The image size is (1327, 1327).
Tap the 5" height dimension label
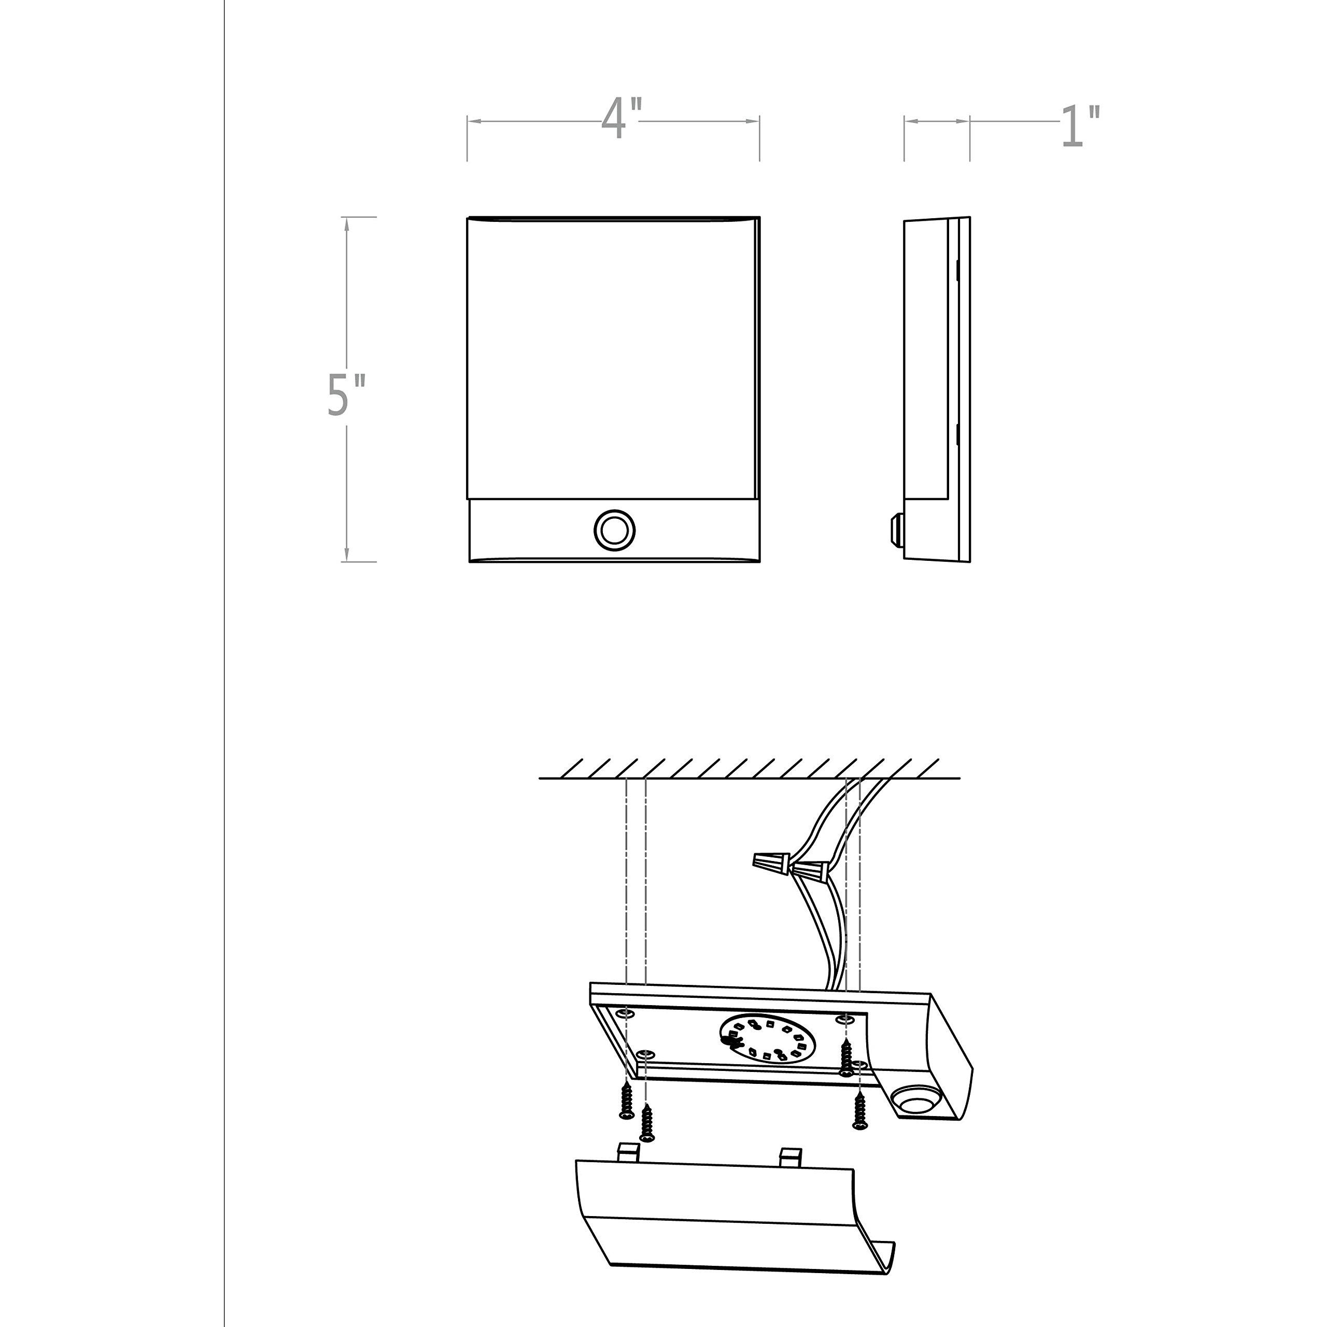tap(346, 395)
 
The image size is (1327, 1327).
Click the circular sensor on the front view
tap(614, 530)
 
